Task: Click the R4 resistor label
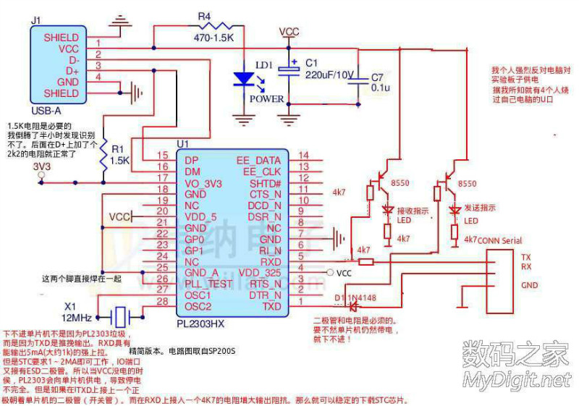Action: point(205,15)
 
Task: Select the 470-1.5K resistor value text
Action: point(214,36)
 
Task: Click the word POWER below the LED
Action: point(267,99)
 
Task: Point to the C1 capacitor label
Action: point(311,62)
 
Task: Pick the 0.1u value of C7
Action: point(380,87)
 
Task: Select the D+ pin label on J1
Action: point(72,71)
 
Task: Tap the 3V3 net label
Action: point(43,167)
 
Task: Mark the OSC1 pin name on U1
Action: point(197,295)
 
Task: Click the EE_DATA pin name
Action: point(258,159)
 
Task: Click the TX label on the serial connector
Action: point(526,257)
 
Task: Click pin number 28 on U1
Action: point(163,301)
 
